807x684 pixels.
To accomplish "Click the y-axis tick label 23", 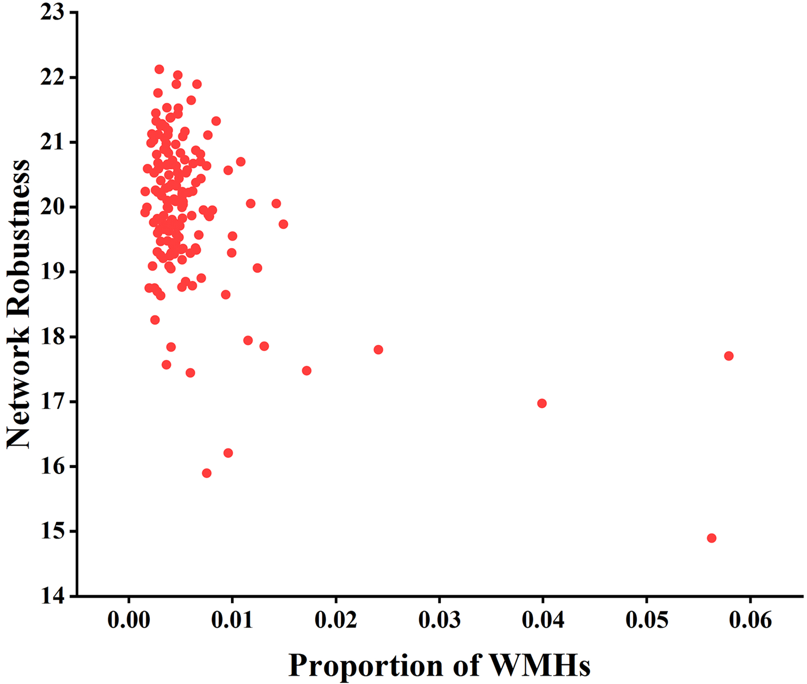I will (52, 13).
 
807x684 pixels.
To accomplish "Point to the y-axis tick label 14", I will (52, 596).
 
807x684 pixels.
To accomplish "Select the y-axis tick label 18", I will (52, 337).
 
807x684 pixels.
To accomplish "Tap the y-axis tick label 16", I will (52, 467).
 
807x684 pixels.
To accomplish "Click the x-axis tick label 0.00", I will (129, 620).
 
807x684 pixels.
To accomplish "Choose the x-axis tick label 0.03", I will (439, 620).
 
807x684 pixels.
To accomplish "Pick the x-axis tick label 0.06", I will (750, 620).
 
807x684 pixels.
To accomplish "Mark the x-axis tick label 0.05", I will (646, 620).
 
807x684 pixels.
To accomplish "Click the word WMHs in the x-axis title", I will (539, 665).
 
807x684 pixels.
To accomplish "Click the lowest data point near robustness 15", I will (711, 538).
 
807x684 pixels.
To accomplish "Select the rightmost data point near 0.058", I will (729, 356).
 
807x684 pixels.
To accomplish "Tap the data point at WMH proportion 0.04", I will (542, 403).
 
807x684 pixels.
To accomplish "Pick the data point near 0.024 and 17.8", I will (378, 350).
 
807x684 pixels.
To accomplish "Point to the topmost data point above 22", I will (159, 69).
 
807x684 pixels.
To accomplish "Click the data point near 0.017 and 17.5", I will (307, 371).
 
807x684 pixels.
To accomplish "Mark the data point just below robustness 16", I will (207, 473).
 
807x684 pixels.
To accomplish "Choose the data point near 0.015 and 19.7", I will (283, 224).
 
